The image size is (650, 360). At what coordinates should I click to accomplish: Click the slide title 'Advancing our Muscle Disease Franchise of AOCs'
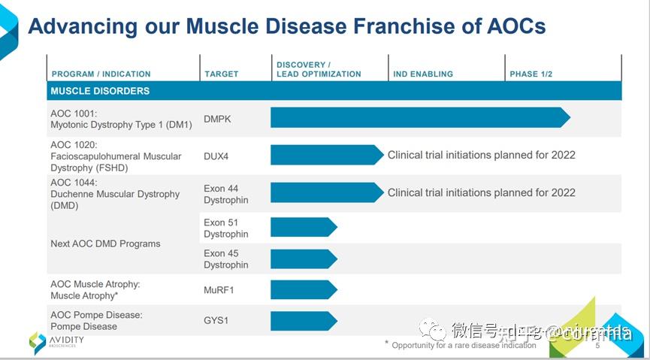point(286,26)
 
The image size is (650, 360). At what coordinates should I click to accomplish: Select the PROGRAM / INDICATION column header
point(101,74)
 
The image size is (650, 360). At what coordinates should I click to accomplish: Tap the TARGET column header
point(221,74)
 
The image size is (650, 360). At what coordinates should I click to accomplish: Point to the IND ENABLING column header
point(423,74)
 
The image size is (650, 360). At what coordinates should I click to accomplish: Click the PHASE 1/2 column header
point(531,74)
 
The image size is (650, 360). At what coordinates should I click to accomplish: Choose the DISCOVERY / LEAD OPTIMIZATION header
point(319,70)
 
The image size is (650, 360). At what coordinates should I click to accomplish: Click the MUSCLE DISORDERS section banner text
point(100,91)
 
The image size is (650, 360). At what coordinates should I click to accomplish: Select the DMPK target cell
point(217,119)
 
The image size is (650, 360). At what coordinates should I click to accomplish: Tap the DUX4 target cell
point(216,156)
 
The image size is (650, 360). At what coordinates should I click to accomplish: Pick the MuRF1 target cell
point(219,289)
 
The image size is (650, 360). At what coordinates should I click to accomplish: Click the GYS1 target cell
point(216,321)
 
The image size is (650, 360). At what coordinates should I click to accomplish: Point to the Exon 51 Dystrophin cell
point(225,228)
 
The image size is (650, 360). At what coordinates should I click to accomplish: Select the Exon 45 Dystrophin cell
point(225,259)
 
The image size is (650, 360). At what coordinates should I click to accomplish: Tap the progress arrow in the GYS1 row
point(303,321)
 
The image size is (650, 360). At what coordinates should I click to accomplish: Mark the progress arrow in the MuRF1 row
point(303,289)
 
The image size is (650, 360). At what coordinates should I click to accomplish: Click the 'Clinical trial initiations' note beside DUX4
point(481,156)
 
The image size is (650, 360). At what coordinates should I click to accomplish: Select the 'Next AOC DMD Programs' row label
point(105,244)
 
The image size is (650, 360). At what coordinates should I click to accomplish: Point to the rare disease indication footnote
point(464,345)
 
